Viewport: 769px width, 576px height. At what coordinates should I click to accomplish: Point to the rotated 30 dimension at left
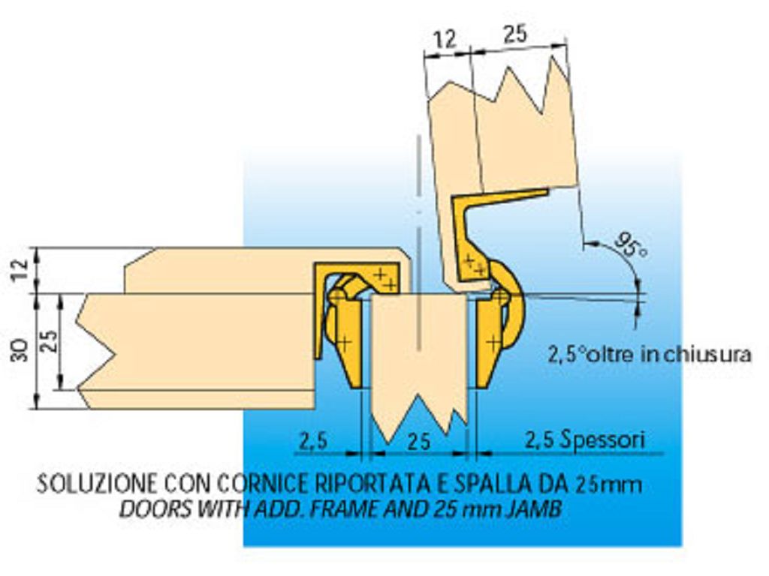pos(20,351)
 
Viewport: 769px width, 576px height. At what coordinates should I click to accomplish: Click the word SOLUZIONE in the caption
pos(98,484)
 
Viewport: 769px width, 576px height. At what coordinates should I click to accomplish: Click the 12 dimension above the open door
pos(445,39)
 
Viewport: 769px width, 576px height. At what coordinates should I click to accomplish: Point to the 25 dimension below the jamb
pos(419,442)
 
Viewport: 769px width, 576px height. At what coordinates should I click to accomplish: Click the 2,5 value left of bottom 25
pos(313,441)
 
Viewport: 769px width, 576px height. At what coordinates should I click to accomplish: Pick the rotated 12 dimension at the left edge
pos(20,271)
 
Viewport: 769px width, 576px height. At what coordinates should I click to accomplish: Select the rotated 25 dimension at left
pos(49,342)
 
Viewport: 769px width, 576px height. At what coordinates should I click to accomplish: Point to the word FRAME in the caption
pos(345,510)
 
